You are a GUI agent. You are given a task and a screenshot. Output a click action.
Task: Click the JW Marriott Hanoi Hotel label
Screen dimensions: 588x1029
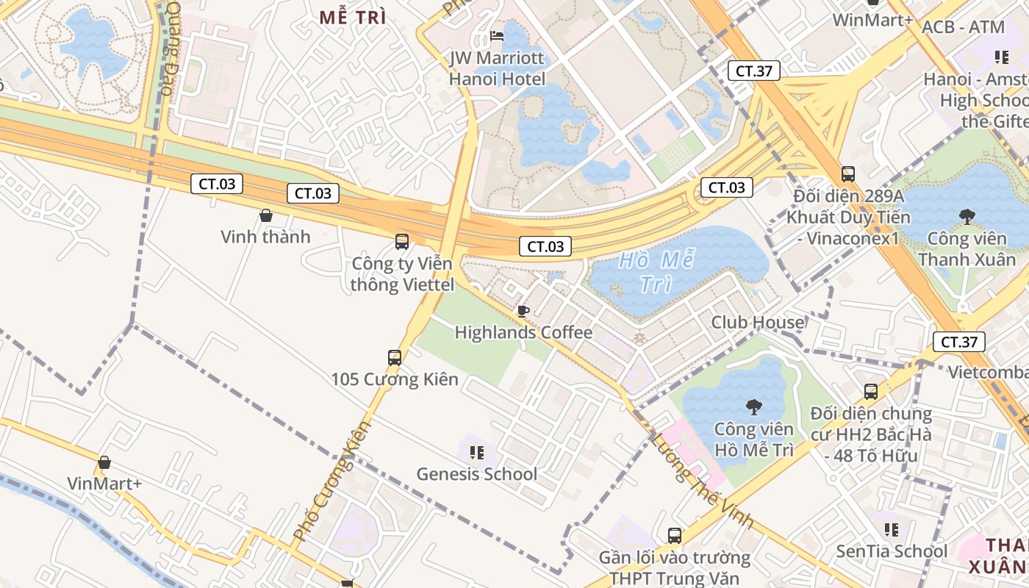tap(498, 68)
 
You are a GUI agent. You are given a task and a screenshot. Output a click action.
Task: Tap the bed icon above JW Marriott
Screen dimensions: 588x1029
tap(498, 36)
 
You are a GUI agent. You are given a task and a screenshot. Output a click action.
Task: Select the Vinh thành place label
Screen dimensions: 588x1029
tap(265, 237)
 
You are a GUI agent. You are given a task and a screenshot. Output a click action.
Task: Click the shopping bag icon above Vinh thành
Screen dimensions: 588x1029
tap(266, 215)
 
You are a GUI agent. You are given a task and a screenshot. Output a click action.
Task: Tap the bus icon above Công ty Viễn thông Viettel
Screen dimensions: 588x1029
tap(402, 241)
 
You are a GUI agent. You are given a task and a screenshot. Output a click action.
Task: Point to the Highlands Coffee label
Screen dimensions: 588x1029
tap(523, 332)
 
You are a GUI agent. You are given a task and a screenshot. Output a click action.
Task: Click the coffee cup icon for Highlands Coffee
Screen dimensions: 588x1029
tap(523, 311)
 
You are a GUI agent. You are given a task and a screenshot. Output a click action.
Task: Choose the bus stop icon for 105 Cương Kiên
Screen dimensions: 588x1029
tap(395, 358)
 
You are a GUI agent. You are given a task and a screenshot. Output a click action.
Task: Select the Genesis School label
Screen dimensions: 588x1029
tap(477, 474)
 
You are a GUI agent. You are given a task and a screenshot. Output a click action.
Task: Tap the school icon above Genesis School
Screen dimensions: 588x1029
tap(477, 452)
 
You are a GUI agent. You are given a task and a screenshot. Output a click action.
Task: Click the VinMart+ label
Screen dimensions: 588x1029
tap(104, 484)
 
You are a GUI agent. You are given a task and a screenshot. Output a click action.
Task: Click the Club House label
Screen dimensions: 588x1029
tap(757, 322)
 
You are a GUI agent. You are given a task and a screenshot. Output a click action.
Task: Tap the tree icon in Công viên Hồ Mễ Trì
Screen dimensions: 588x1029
tap(753, 406)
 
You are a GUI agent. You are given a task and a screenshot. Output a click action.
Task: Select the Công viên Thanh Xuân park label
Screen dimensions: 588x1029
tap(967, 249)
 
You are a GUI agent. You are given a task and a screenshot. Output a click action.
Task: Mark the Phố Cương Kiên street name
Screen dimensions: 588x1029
tap(333, 481)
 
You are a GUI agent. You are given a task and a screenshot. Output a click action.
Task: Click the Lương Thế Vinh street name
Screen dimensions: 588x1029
tap(702, 481)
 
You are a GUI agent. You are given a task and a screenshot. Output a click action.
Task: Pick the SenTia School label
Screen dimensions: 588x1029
tap(892, 551)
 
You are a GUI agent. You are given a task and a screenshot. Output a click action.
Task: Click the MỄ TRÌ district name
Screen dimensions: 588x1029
tap(353, 18)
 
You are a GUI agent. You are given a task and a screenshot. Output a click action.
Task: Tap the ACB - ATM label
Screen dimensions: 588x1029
tap(963, 27)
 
